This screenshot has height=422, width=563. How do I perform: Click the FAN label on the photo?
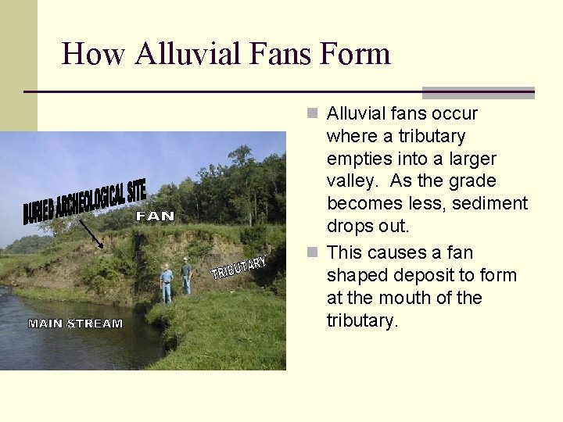(155, 216)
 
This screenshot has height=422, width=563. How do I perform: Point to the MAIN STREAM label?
(75, 323)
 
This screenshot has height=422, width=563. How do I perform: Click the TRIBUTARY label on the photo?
(239, 267)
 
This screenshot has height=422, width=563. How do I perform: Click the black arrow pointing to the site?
(91, 233)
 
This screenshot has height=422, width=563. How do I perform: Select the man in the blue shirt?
(167, 283)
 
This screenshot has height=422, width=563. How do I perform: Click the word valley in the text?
(352, 181)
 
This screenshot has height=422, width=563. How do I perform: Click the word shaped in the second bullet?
(354, 275)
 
